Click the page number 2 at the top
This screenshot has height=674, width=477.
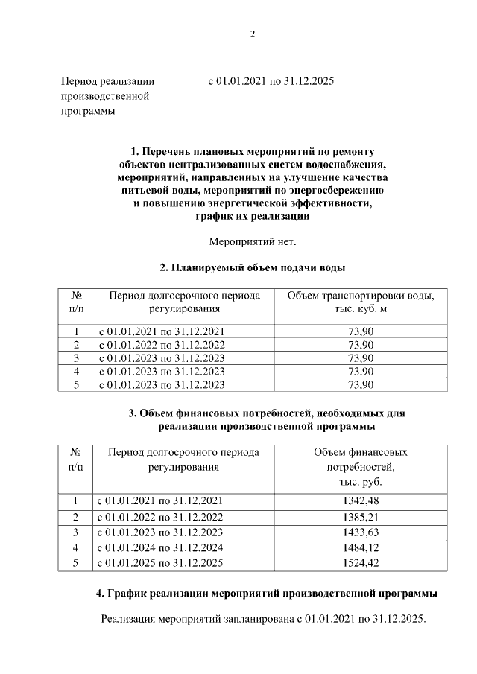coord(252,34)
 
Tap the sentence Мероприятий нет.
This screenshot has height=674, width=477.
coord(252,241)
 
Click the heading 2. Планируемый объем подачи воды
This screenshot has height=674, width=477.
coord(252,267)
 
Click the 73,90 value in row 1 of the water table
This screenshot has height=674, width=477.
coord(361,331)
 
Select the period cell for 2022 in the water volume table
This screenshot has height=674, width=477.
coord(161,344)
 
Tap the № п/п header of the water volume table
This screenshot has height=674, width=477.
coord(75,302)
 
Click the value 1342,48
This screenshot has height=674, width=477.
coord(361,500)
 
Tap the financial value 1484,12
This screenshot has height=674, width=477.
coord(361,547)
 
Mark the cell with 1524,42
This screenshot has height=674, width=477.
coord(361,563)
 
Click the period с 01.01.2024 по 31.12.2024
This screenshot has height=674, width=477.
coord(161,547)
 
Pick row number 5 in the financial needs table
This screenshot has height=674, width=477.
coord(75,563)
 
